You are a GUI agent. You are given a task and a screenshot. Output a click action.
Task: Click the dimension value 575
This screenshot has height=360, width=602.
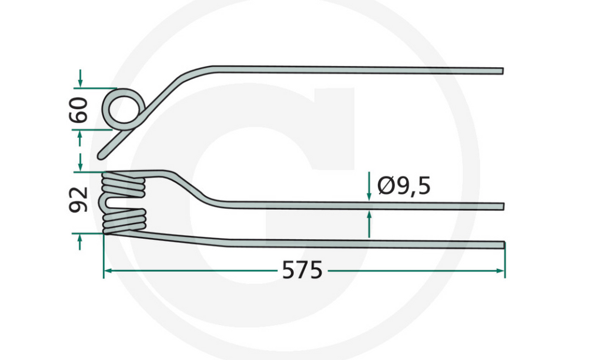click(302, 271)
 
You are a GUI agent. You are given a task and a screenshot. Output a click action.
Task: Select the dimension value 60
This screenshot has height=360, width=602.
click(79, 109)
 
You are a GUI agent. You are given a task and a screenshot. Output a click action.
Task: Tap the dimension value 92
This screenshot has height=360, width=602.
click(79, 200)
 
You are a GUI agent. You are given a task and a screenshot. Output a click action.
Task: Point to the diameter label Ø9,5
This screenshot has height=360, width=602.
click(404, 186)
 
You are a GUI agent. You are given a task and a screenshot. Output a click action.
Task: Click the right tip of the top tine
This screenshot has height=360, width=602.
click(501, 71)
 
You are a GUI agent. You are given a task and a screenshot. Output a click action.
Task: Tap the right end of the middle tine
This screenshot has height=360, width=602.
click(502, 206)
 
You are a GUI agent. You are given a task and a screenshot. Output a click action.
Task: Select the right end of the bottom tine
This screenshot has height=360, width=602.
click(502, 244)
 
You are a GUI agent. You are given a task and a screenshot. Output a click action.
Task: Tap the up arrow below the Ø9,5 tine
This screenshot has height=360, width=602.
click(369, 216)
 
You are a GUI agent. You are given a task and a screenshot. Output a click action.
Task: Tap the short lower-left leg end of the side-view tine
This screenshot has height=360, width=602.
click(103, 154)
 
